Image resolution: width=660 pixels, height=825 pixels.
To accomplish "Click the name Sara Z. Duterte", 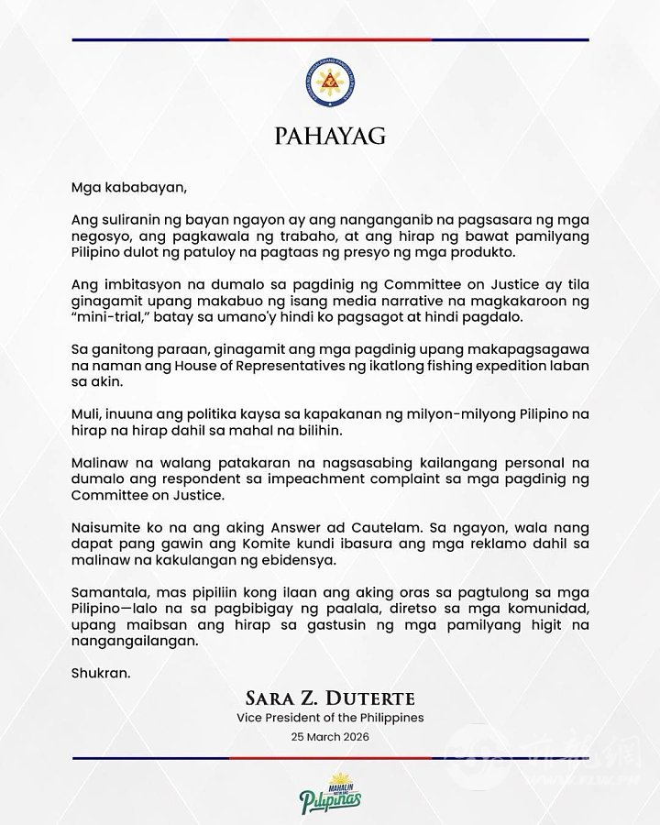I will coord(329,699).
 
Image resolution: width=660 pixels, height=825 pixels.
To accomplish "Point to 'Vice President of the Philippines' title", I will coord(329,718).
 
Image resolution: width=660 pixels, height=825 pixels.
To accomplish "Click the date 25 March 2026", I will coord(329,736).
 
